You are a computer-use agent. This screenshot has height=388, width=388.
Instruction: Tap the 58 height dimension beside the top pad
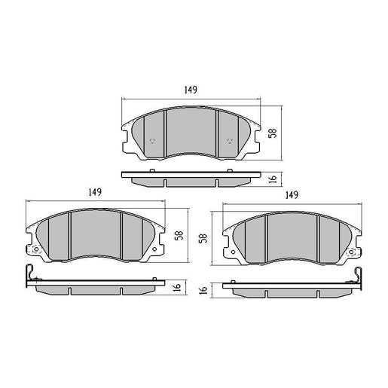[x=273, y=133]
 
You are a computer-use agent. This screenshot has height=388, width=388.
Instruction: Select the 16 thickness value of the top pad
[x=273, y=179]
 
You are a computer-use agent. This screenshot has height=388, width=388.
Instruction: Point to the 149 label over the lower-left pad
[x=94, y=192]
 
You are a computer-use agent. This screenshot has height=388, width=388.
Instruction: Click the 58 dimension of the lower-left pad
[x=178, y=235]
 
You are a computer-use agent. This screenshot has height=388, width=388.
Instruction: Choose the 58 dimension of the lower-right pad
[x=203, y=238]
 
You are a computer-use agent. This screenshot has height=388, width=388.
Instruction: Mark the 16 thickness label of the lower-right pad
[x=203, y=289]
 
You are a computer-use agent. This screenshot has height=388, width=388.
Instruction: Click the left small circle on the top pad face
[x=154, y=141]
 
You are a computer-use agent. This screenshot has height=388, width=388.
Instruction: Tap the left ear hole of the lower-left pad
[x=34, y=249]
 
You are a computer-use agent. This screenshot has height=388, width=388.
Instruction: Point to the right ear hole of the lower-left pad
[x=157, y=249]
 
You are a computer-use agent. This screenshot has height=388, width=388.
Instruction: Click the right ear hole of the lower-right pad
[x=355, y=250]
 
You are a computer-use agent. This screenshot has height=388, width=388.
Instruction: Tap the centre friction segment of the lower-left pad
[x=96, y=237]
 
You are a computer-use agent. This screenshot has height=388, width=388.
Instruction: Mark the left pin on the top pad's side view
[x=154, y=173]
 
